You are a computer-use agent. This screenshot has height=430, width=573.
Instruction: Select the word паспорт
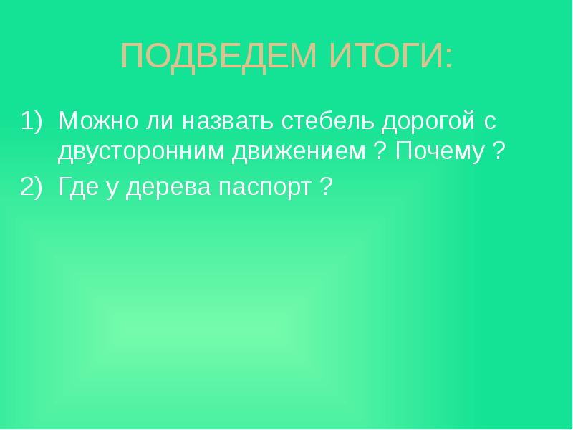[x=259, y=188]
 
